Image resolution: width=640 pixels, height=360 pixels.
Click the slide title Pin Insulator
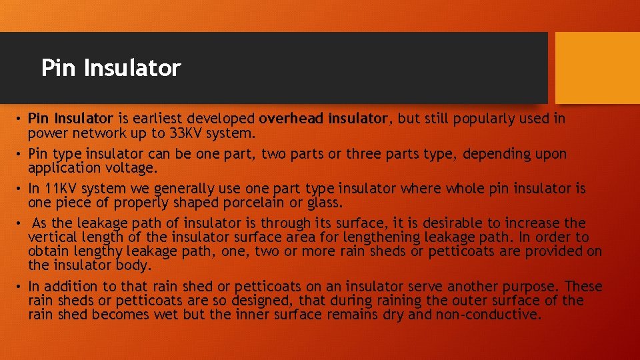(111, 68)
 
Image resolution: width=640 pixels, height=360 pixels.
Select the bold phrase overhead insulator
(323, 119)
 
